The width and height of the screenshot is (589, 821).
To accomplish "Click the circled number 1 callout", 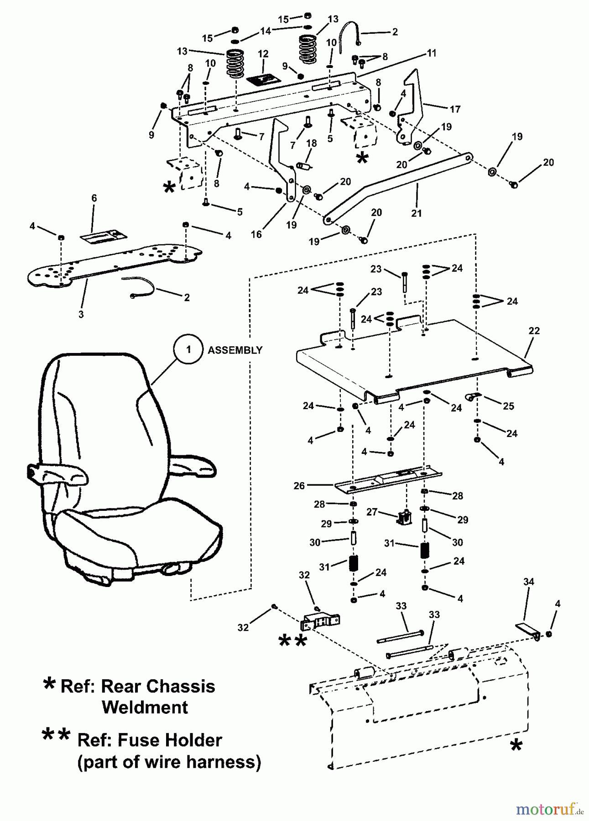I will pyautogui.click(x=188, y=350).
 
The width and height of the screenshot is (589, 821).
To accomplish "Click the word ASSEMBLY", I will pyautogui.click(x=235, y=350).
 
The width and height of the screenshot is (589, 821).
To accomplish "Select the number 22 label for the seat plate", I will pyautogui.click(x=534, y=331).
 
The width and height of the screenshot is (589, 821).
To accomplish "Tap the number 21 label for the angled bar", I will pyautogui.click(x=416, y=213).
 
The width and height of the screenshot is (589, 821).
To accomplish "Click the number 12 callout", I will pyautogui.click(x=263, y=54).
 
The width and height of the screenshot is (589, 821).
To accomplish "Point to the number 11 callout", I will pyautogui.click(x=432, y=53).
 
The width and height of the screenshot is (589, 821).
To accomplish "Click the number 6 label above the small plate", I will pyautogui.click(x=94, y=198).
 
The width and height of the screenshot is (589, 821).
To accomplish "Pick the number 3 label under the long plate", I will pyautogui.click(x=81, y=314).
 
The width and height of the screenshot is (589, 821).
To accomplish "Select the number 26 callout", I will pyautogui.click(x=299, y=486).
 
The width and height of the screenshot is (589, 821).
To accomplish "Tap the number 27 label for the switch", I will pyautogui.click(x=372, y=512).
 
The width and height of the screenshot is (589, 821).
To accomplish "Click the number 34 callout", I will pyautogui.click(x=528, y=582).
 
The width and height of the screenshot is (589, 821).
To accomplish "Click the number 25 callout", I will pyautogui.click(x=508, y=406).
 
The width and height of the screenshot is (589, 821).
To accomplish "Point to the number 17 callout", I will pyautogui.click(x=455, y=109).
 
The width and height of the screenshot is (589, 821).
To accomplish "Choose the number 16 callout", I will pyautogui.click(x=256, y=234).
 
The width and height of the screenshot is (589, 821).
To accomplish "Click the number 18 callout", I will pyautogui.click(x=312, y=143).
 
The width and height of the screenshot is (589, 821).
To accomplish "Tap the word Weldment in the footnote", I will pyautogui.click(x=145, y=707).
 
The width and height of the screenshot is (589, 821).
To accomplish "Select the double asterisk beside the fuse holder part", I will pyautogui.click(x=292, y=641).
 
